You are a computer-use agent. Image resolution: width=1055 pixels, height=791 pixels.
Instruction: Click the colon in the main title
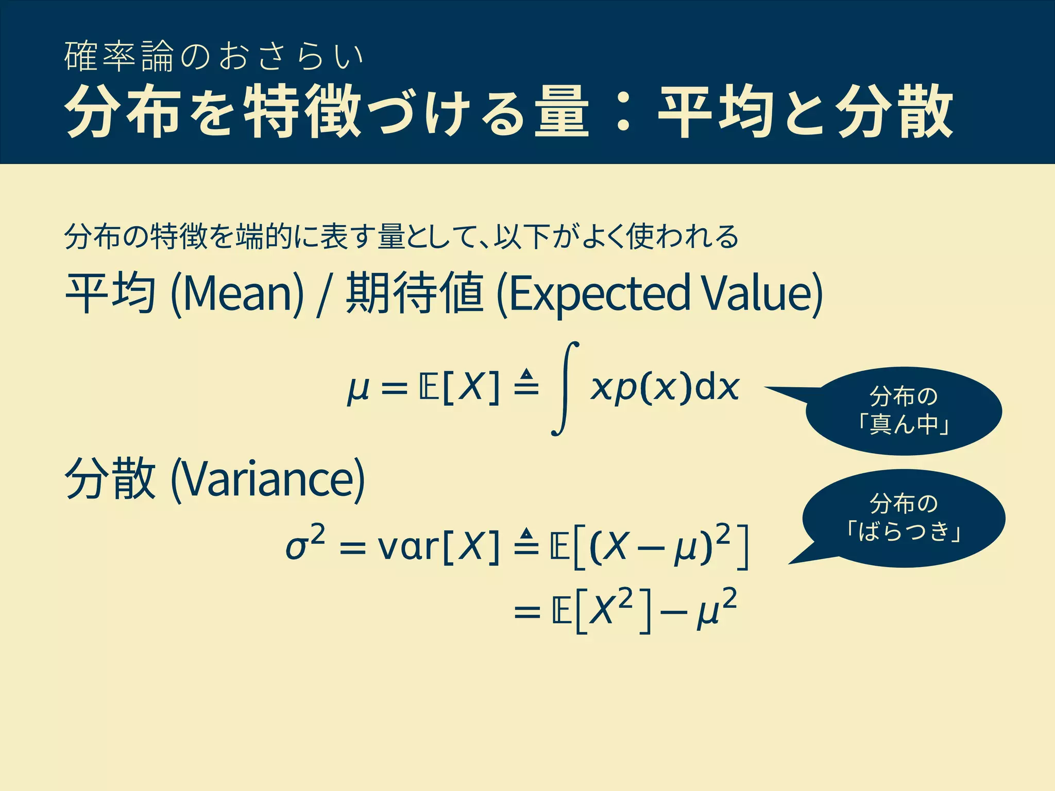[623, 112]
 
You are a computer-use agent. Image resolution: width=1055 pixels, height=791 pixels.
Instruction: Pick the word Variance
[267, 479]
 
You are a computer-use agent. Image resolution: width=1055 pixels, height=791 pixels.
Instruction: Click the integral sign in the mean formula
[565, 388]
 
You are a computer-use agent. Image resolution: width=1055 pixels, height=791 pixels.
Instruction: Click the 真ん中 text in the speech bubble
[904, 425]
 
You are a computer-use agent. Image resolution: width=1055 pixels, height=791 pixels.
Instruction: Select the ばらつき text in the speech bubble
[904, 531]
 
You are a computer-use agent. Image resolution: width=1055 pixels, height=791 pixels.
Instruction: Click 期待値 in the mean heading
[415, 293]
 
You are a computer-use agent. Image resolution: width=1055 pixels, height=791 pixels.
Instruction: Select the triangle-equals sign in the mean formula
[526, 382]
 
